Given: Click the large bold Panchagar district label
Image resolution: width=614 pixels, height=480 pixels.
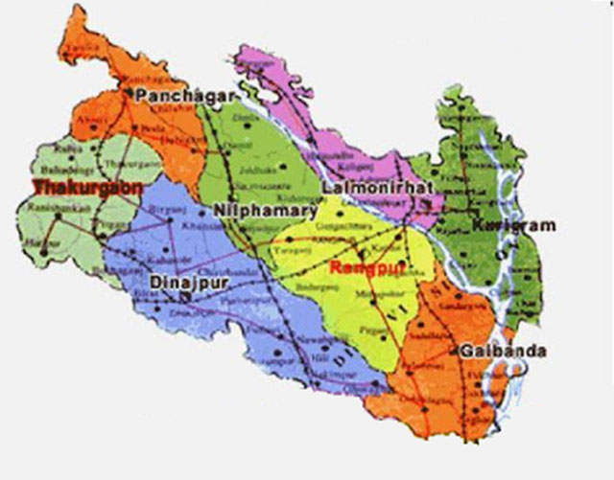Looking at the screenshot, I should pyautogui.click(x=175, y=95).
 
